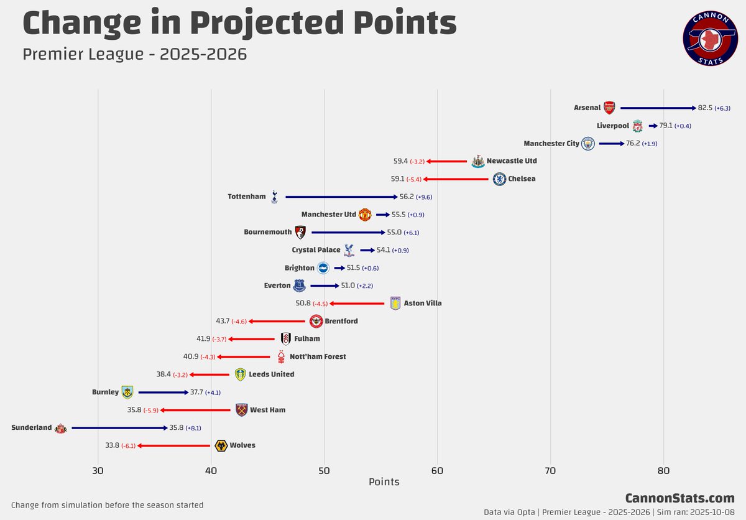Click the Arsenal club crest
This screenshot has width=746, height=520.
click(609, 108)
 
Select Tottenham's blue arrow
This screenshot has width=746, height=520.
click(341, 197)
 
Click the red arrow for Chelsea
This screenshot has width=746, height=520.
click(456, 179)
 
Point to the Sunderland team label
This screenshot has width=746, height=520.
click(32, 428)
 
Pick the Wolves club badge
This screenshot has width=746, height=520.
click(220, 445)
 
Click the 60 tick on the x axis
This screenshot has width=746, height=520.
click(437, 470)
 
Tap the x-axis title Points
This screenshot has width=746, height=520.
click(384, 482)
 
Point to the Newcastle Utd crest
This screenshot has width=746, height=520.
click(477, 161)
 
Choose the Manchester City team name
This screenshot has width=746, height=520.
click(551, 144)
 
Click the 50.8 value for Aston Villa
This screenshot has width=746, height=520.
click(303, 304)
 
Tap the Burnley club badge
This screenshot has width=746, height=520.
click(127, 392)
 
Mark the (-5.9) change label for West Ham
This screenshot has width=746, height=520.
click(151, 411)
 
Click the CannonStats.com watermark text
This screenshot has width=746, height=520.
click(679, 498)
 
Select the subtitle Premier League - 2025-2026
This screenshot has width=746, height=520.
click(134, 54)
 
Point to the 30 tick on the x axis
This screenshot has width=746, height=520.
click(98, 470)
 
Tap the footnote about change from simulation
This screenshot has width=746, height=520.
click(107, 505)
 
